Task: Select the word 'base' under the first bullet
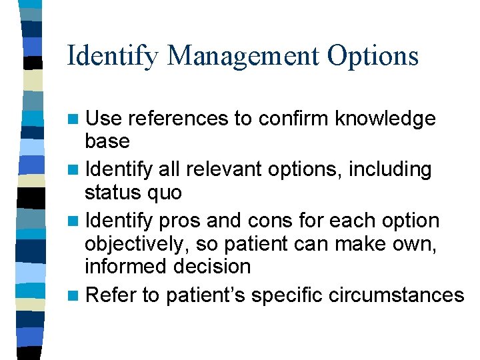click(107, 141)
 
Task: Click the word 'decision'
click(213, 266)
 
